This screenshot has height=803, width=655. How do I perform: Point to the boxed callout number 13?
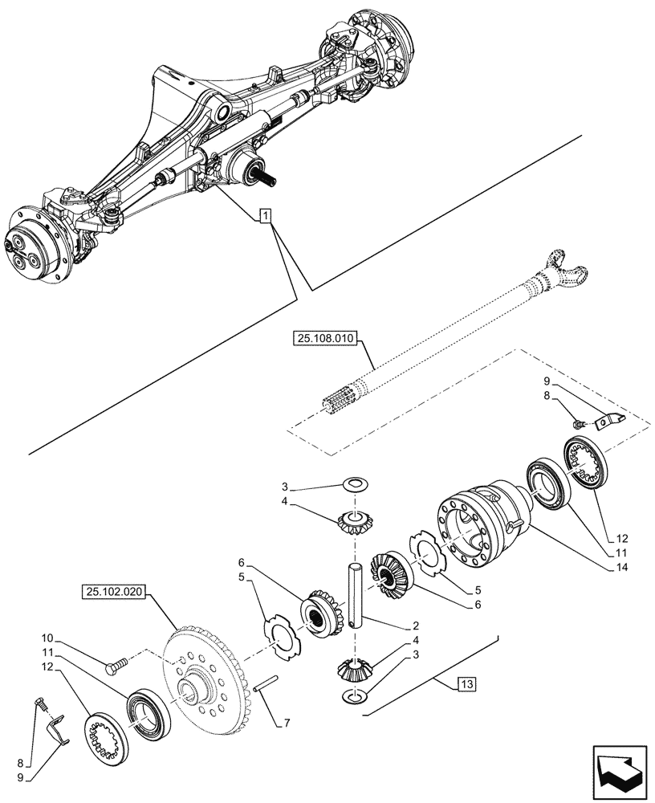point(466,684)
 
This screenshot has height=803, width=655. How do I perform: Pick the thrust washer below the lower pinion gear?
point(354,695)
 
